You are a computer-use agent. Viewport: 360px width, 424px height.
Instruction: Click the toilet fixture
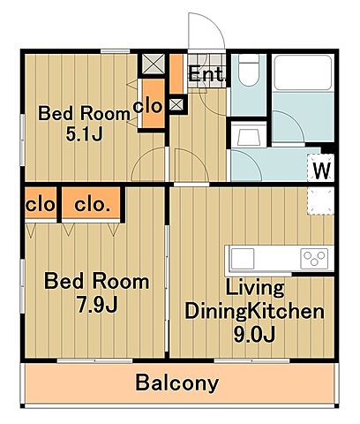click(x=249, y=70)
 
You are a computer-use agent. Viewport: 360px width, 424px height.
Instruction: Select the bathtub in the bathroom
click(x=303, y=72)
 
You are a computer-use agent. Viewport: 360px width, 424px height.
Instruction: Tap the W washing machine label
click(x=322, y=170)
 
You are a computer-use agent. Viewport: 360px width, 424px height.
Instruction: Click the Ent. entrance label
click(x=206, y=74)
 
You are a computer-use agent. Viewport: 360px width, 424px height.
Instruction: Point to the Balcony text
click(x=177, y=382)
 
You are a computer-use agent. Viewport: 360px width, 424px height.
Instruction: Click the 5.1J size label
click(x=84, y=134)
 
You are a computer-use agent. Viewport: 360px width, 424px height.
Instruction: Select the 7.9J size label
click(x=97, y=304)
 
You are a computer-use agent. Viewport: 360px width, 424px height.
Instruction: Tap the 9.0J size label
click(x=255, y=334)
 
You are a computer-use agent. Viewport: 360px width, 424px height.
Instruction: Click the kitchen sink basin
click(x=243, y=259)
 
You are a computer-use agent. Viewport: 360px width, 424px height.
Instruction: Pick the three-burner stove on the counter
click(x=314, y=259)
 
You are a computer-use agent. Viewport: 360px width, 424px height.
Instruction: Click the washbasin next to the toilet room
click(x=248, y=134)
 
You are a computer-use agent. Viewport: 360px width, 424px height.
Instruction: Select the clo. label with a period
click(x=92, y=204)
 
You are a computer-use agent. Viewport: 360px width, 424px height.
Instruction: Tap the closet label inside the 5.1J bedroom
click(x=147, y=105)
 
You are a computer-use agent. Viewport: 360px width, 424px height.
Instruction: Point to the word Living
click(x=255, y=288)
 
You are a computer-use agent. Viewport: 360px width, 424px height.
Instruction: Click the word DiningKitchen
click(x=255, y=312)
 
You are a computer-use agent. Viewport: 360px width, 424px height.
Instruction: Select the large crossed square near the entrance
click(x=154, y=64)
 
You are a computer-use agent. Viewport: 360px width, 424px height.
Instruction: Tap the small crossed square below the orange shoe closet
click(x=176, y=104)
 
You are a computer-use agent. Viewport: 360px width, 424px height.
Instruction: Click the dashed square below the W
click(x=320, y=201)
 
